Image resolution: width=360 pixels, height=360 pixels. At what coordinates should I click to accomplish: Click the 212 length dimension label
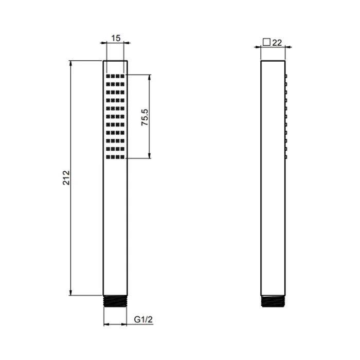(x=66, y=178)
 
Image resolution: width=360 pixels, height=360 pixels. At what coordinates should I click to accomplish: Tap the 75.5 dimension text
(x=145, y=117)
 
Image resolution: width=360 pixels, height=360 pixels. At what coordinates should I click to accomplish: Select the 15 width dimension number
(x=116, y=38)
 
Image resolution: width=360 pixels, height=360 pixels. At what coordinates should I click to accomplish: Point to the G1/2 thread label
(x=143, y=319)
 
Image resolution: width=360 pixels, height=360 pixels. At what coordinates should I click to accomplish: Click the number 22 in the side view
(x=277, y=43)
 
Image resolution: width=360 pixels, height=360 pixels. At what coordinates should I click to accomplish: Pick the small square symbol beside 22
(x=266, y=42)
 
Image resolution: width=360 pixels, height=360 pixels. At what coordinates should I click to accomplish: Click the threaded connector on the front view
(x=115, y=301)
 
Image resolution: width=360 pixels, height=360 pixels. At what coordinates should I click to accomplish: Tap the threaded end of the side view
(x=273, y=301)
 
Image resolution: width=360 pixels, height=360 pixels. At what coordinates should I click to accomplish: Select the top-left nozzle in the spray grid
(x=108, y=76)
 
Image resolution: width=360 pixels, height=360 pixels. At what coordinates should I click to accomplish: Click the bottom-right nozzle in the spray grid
(x=122, y=157)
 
